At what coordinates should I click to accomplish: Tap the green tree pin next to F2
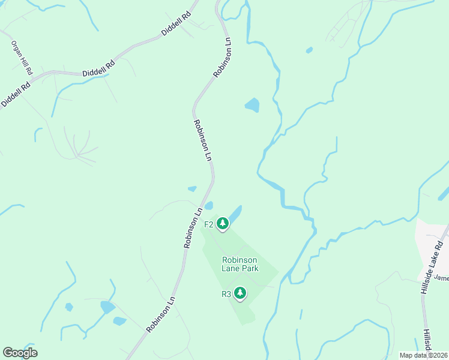pos(223,224)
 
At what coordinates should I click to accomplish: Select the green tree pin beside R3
pos(240,293)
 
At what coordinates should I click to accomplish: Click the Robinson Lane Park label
pos(240,264)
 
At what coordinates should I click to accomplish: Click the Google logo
pos(20,352)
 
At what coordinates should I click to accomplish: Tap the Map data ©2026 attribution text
pos(423,355)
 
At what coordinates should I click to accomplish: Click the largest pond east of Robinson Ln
pos(252,106)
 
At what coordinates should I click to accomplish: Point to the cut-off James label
pos(441,278)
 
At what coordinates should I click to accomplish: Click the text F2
pos(209,224)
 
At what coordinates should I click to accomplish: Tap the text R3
pos(226,294)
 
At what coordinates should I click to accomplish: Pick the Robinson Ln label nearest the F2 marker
pos(193,228)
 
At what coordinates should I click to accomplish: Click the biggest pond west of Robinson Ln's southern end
pos(107,307)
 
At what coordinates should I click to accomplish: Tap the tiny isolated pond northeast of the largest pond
pos(309,50)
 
